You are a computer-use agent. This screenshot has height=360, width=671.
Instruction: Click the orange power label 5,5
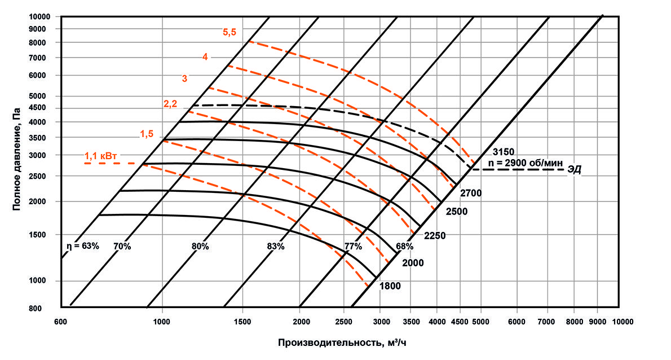coord(229,32)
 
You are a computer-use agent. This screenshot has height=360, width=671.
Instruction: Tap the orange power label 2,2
coord(171,103)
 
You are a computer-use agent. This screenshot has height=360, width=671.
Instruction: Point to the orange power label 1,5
coord(147,134)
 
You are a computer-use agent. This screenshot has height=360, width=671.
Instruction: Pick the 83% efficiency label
coord(275,246)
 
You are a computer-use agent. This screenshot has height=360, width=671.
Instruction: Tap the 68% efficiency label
coord(404,246)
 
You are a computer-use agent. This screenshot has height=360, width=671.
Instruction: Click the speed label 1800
coord(390,286)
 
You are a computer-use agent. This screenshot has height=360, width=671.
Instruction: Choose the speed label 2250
coord(434,235)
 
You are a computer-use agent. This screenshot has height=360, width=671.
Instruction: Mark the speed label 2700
coord(471,193)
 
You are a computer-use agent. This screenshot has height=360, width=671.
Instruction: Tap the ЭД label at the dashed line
coord(575,169)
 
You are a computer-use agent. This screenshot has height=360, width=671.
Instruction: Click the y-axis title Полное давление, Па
coord(17,161)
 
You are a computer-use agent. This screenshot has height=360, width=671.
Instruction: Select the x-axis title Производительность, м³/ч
coord(341,343)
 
